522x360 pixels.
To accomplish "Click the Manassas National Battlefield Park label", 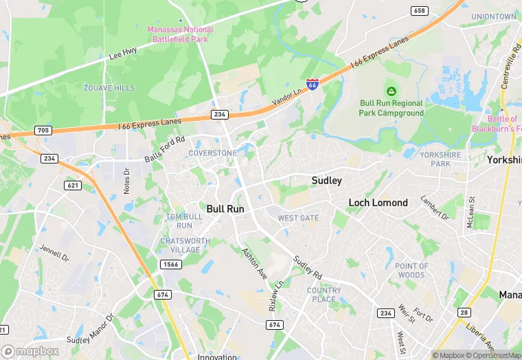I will (180, 34).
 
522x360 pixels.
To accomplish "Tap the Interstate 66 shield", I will (313, 85).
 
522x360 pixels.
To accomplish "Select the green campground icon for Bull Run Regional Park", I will (391, 91).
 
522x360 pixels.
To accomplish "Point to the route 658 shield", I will (419, 10).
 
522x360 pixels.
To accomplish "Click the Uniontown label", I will (494, 16).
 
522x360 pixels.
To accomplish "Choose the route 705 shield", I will (43, 129).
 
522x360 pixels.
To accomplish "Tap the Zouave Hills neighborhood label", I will (109, 88).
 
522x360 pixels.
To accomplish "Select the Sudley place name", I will (326, 181).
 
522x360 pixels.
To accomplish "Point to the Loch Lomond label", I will (378, 203).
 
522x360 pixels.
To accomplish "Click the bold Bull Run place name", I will (225, 207).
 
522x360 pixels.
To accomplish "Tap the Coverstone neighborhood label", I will (212, 153).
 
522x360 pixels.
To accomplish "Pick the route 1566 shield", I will (171, 265).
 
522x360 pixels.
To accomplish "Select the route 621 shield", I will (73, 185).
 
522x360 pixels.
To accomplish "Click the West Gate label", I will (298, 218).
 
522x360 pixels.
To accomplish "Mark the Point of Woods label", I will (411, 270).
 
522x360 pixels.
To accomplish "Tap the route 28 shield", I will (464, 313).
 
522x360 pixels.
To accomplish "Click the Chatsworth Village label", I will (180, 245).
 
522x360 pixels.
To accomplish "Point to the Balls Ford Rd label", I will (165, 149).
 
